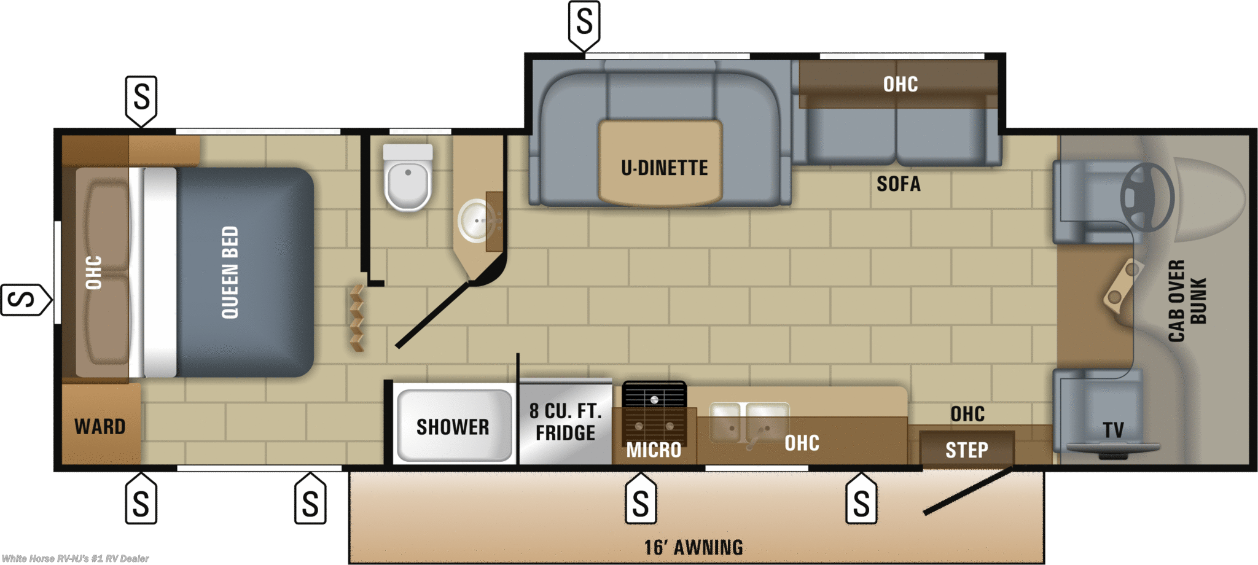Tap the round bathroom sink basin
[476, 220]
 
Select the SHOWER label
[453, 427]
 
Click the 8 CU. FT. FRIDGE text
[565, 422]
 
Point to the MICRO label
[654, 450]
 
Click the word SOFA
[898, 184]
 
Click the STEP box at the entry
[966, 450]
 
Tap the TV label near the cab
[1113, 430]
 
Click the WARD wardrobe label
[100, 426]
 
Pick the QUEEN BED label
[230, 272]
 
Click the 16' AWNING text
[693, 547]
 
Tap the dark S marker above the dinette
[584, 23]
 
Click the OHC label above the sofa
[901, 84]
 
